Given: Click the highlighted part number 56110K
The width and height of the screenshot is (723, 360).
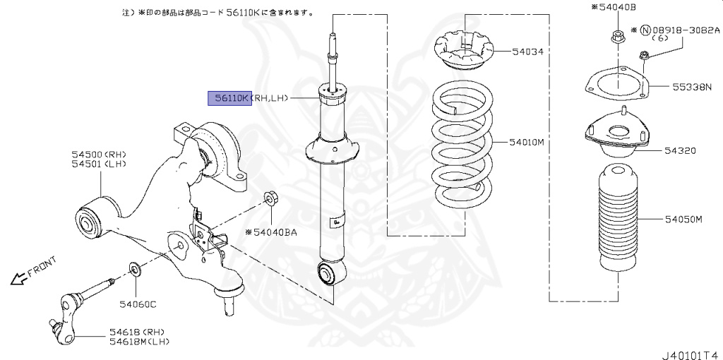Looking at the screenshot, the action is pos(229,98).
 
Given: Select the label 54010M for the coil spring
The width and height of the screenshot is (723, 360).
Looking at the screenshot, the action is pos(527,142).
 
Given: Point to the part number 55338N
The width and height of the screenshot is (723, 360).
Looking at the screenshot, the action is pos(692,88).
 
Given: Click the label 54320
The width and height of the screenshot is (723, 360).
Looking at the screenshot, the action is pos(679,150).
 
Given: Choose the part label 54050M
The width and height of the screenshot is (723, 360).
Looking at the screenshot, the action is pos(683,220).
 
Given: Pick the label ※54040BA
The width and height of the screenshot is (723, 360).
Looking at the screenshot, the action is pos(271,232).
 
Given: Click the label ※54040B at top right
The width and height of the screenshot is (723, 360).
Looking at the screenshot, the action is pos(613,7).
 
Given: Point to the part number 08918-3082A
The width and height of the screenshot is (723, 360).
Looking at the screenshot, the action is pos(685,30).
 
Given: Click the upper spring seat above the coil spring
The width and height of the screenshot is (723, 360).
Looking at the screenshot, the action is pos(460,52).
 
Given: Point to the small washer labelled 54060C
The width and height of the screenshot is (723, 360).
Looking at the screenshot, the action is pos(133,270).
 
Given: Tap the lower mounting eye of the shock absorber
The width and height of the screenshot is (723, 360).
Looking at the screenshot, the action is pos(330,272).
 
